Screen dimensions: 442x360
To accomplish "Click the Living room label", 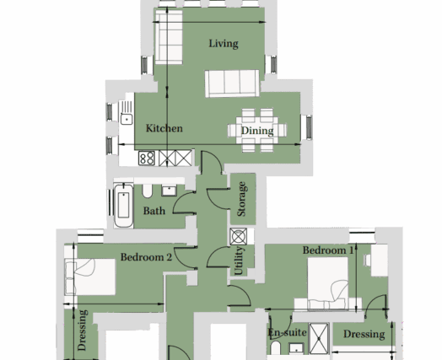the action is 224,44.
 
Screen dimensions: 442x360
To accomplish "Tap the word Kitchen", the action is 164,128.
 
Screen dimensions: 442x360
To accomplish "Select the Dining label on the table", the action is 257,131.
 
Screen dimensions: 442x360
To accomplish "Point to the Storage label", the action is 242,199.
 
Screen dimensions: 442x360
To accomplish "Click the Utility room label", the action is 239,261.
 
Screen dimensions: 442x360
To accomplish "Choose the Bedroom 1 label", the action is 328,250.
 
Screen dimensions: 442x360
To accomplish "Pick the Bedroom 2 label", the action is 146,257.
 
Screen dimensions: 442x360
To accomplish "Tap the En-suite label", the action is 287,333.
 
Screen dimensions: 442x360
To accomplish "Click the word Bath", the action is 154,211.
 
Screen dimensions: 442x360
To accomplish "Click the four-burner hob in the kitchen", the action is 147,158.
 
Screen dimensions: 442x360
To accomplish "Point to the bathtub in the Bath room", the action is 123,206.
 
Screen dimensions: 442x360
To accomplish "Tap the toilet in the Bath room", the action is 147,191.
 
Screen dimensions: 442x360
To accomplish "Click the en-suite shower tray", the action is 319,339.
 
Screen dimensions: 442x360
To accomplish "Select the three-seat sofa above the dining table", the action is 232,83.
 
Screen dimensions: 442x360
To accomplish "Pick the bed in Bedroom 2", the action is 90,277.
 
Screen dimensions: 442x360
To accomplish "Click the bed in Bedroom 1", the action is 328,283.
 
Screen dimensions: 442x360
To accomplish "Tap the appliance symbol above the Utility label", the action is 239,236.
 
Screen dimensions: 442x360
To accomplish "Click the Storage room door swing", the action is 218,199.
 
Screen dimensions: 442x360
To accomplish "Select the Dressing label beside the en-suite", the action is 364,334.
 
